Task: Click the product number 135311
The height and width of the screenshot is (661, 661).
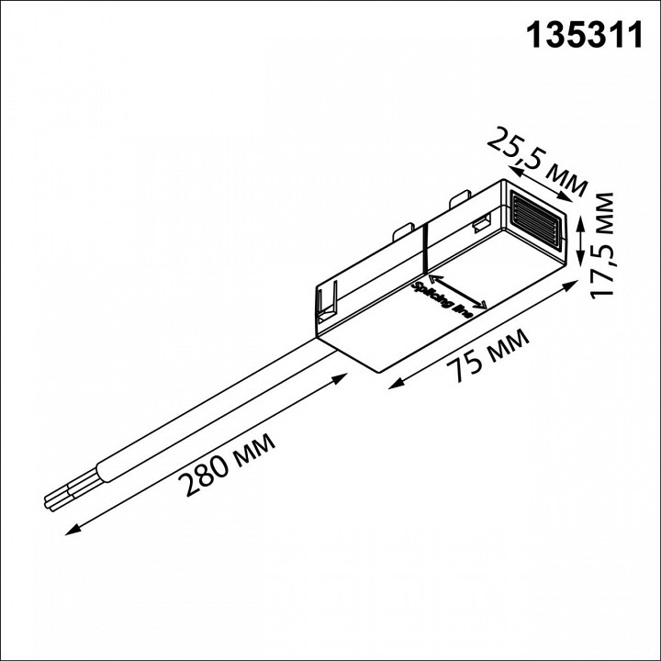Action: click(x=583, y=35)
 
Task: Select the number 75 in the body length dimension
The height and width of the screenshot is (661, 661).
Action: click(x=465, y=366)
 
